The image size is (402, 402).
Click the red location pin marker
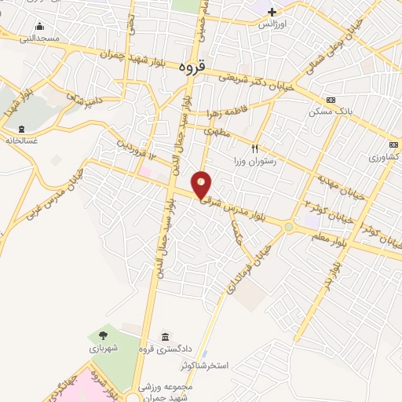click(x=203, y=185)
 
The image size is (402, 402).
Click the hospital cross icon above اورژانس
click(x=272, y=12)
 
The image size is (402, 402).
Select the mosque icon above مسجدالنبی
click(x=39, y=27)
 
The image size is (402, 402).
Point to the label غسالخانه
click(x=23, y=141)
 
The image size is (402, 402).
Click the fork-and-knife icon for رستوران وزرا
click(x=254, y=148)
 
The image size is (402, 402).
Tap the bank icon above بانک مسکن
click(x=331, y=100)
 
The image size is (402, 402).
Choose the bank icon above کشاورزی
click(x=392, y=144)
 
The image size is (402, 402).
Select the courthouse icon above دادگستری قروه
click(x=165, y=336)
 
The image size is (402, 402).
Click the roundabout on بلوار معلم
click(x=290, y=228)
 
